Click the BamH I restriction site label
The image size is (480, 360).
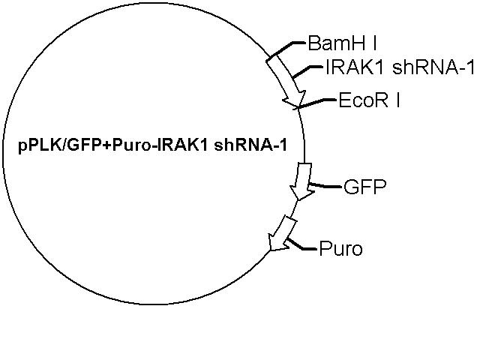(x=342, y=43)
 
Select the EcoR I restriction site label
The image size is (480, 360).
(x=369, y=100)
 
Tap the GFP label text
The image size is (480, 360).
(x=365, y=187)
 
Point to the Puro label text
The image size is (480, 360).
(x=340, y=248)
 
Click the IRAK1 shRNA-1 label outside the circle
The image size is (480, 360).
(x=400, y=67)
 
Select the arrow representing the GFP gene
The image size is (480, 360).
(x=302, y=181)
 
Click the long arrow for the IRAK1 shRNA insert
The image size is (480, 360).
(x=286, y=82)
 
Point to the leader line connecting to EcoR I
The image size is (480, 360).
(x=316, y=103)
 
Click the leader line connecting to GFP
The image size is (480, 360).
(x=325, y=185)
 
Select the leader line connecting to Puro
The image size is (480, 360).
(x=301, y=245)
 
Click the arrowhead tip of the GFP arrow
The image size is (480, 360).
(x=298, y=200)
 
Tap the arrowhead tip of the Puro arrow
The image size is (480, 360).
(x=271, y=251)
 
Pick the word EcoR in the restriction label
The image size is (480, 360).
(x=363, y=100)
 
